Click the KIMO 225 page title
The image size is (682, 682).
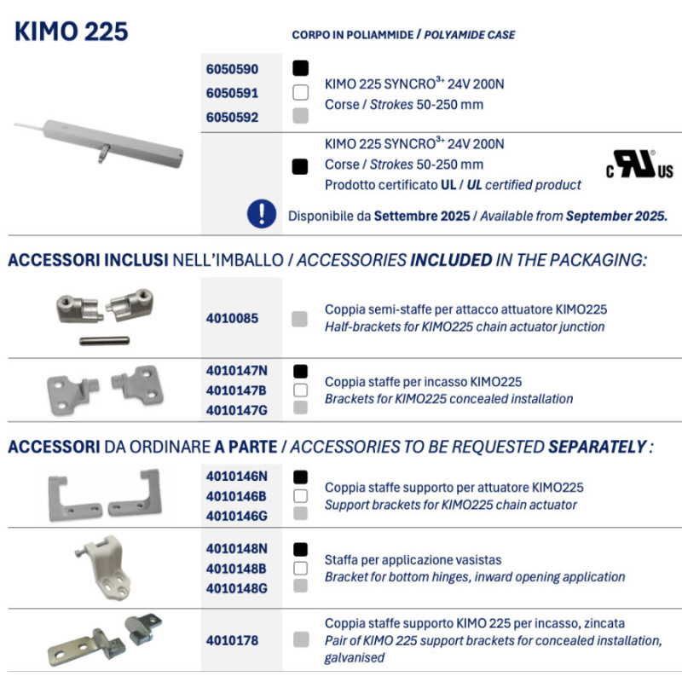[72, 32]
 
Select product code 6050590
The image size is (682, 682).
[232, 69]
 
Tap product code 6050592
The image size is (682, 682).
[232, 118]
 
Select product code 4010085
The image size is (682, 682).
[232, 319]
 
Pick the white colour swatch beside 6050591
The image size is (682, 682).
[300, 93]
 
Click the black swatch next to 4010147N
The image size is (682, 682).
[300, 371]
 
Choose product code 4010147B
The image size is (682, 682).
[237, 390]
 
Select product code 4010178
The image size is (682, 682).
[232, 639]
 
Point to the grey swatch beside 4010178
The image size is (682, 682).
[300, 639]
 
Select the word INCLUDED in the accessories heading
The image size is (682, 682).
[451, 259]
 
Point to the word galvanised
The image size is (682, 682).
[355, 657]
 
